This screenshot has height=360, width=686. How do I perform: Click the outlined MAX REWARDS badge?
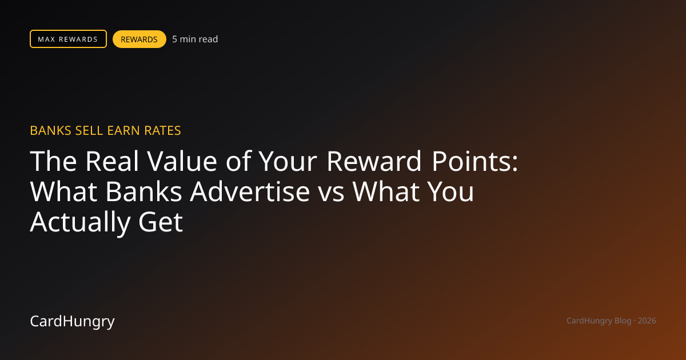pyautogui.click(x=68, y=39)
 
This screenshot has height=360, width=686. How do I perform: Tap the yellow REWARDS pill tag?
pyautogui.click(x=139, y=39)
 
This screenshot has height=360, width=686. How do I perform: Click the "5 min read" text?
pyautogui.click(x=195, y=39)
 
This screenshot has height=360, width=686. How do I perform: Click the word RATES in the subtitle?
pyautogui.click(x=162, y=131)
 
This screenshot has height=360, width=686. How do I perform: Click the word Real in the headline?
pyautogui.click(x=112, y=161)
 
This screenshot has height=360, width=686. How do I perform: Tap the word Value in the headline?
pyautogui.click(x=182, y=161)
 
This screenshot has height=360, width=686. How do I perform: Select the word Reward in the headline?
pyautogui.click(x=374, y=161)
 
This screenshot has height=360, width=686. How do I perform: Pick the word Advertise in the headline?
pyautogui.click(x=250, y=191)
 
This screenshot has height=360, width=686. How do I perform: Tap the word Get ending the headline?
pyautogui.click(x=161, y=222)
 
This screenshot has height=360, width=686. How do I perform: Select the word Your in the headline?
pyautogui.click(x=288, y=161)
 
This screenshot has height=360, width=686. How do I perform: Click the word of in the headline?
pyautogui.click(x=238, y=161)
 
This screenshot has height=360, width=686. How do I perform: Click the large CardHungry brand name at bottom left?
pyautogui.click(x=72, y=321)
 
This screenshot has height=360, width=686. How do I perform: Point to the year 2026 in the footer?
pyautogui.click(x=647, y=321)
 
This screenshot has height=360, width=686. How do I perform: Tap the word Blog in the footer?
pyautogui.click(x=623, y=321)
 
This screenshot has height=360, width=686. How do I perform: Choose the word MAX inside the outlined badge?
pyautogui.click(x=46, y=39)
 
